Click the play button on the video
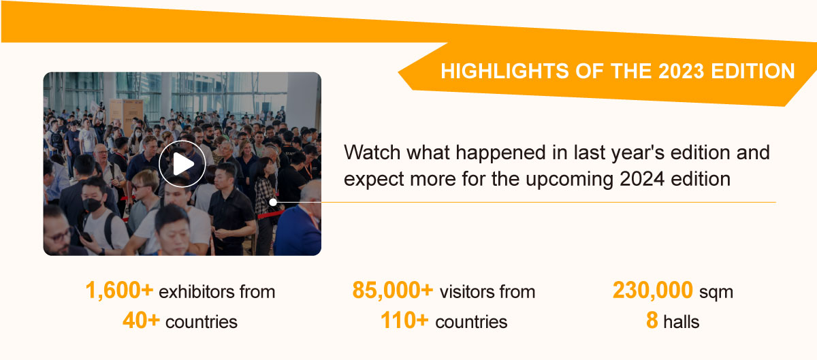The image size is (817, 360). pos(182,164)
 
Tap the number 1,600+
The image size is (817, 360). pos(119,291)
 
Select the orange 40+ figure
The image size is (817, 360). pos(141,321)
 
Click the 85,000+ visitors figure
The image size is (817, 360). pos(392,291)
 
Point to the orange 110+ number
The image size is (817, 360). pos(404,321)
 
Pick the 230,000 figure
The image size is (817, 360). pos(652,291)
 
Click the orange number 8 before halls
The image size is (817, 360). pos(652,321)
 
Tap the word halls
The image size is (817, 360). pos(682,322)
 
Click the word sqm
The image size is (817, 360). pos(716,293)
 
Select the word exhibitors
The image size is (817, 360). pos(197,292)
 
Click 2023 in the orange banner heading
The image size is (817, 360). pos(681,71)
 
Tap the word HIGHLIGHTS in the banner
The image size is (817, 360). pos(504,71)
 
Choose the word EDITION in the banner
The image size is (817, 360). pos(753,71)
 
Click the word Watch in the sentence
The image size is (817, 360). pos(372,152)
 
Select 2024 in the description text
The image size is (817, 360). pos(642,179)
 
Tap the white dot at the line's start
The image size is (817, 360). pos(273,201)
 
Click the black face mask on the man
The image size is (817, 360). pos(93,206)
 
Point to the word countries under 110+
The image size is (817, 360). pos(471,322)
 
